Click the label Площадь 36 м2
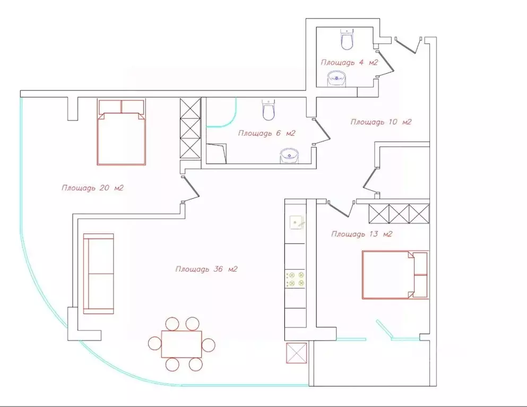click(206, 269)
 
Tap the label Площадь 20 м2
click(92, 188)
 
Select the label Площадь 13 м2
click(361, 234)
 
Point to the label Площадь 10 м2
click(381, 122)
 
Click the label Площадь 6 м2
click(266, 133)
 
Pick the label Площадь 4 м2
click(350, 63)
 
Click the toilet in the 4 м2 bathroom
click(347, 39)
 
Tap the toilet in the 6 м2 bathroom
click(269, 109)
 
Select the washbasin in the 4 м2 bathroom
click(336, 79)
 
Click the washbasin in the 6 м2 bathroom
click(289, 157)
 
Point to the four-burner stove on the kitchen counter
click(295, 280)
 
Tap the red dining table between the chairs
click(182, 344)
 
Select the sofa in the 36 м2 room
click(98, 274)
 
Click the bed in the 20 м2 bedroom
click(122, 132)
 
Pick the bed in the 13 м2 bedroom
click(395, 274)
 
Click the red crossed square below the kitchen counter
click(297, 353)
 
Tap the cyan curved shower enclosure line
click(232, 119)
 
